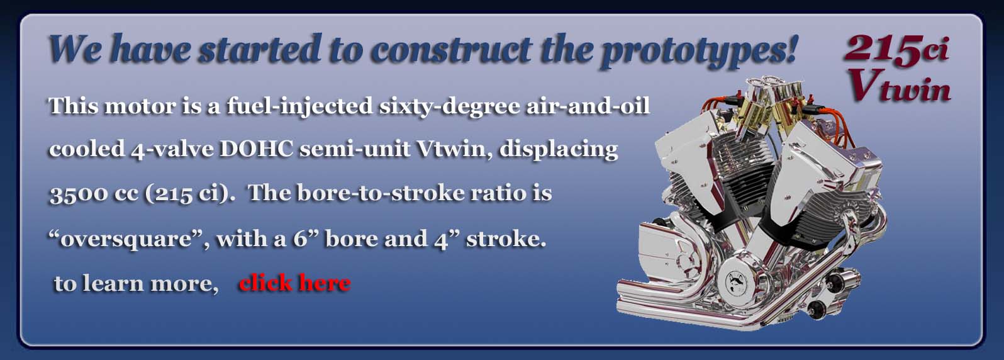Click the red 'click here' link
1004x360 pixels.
click(294, 283)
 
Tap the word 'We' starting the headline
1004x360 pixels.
click(74, 48)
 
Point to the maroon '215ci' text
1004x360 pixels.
click(896, 49)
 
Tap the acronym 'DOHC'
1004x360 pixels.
click(256, 149)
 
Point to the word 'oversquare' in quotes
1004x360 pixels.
click(126, 239)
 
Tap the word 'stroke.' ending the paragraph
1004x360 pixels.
click(506, 239)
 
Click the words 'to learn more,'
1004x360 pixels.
click(137, 284)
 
